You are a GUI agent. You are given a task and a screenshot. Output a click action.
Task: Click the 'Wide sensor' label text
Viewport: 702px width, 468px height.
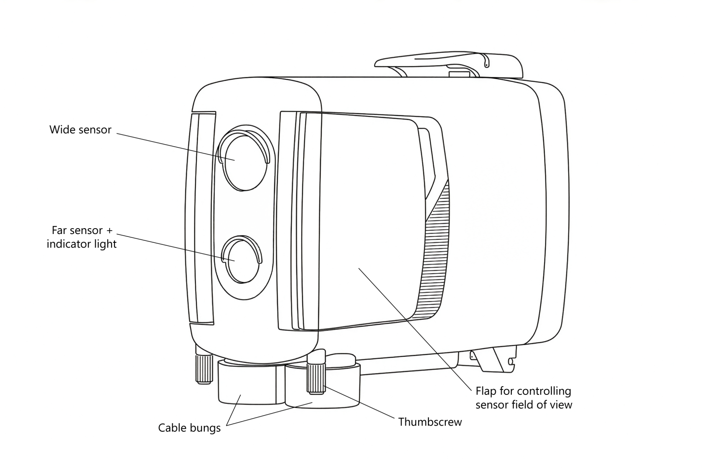[x=80, y=130]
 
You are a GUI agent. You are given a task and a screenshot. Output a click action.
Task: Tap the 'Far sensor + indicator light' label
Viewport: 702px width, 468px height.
[x=81, y=237]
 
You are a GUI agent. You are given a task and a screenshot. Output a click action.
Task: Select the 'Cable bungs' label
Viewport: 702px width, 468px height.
[x=189, y=428]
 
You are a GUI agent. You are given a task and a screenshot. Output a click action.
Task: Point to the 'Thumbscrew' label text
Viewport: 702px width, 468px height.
[x=430, y=422]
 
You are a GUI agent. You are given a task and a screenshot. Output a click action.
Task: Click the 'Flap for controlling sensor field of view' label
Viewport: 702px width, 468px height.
[x=524, y=398]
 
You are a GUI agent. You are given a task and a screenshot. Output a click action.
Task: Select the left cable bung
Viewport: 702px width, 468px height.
[x=247, y=384]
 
